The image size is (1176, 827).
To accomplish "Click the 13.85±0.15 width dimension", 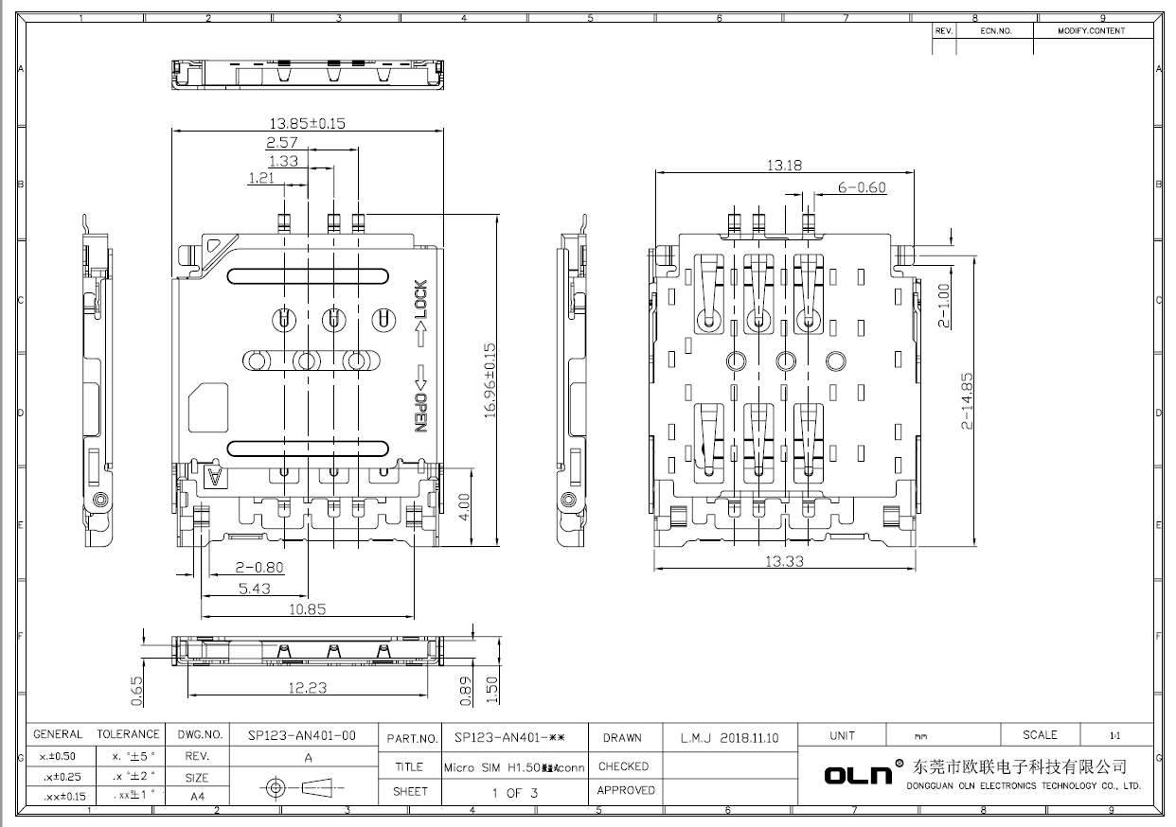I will (307, 123).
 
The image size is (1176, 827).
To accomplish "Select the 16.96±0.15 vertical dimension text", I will (490, 378).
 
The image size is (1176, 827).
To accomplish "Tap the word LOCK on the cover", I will (420, 299).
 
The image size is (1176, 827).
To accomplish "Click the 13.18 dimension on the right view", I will (784, 165).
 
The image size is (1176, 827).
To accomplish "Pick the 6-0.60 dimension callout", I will (862, 187).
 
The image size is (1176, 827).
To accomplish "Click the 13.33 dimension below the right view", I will (784, 561).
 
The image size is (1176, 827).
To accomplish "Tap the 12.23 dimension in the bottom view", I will (307, 688).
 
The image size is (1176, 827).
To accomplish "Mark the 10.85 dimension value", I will (307, 609).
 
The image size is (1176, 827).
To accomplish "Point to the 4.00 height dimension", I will (464, 501).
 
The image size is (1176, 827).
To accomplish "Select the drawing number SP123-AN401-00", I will (301, 735).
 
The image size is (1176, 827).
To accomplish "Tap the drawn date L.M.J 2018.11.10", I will (729, 738).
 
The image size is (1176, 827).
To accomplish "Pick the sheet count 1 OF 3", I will (514, 793).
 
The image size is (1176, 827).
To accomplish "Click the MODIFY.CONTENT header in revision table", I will (1092, 30).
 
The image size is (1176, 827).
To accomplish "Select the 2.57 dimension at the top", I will (282, 142).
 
